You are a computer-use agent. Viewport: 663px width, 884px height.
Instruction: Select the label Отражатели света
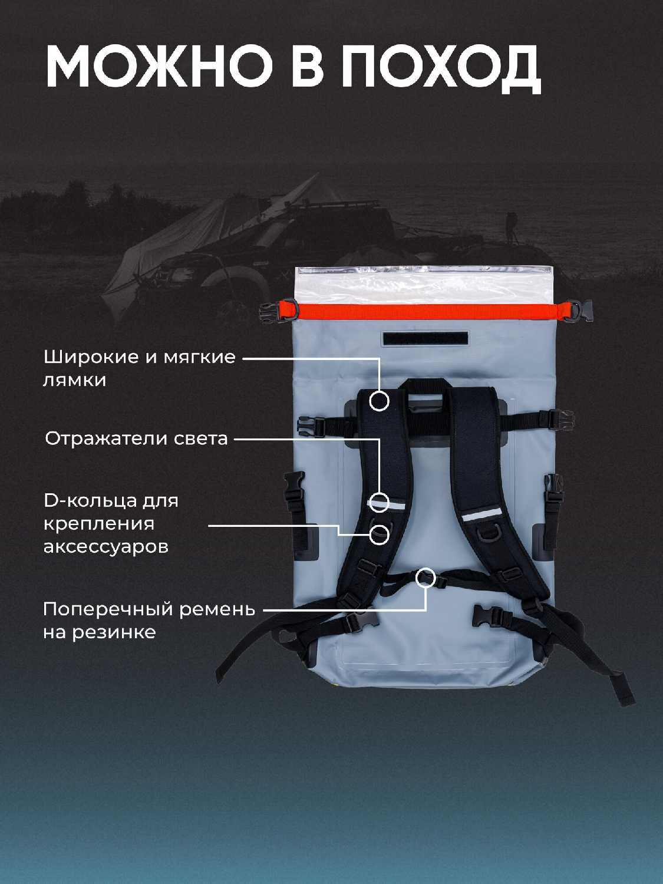tap(137, 439)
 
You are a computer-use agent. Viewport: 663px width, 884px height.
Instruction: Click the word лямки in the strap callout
tap(74, 381)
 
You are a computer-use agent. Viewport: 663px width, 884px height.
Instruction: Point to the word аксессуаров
tap(106, 547)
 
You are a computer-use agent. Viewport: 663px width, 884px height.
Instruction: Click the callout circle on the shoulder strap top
tap(379, 400)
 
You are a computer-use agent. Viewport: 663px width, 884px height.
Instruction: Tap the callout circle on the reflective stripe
tap(379, 502)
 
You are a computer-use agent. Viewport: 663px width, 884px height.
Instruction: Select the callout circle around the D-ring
tap(379, 534)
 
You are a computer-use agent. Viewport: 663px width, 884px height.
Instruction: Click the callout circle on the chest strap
tap(426, 578)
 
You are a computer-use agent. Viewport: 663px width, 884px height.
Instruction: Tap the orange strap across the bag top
tap(427, 311)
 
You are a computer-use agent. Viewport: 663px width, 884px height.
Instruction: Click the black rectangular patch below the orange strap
tap(425, 338)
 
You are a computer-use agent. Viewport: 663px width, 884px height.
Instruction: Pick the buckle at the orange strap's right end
tap(578, 311)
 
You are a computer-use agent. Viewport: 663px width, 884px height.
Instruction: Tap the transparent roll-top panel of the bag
tap(424, 285)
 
